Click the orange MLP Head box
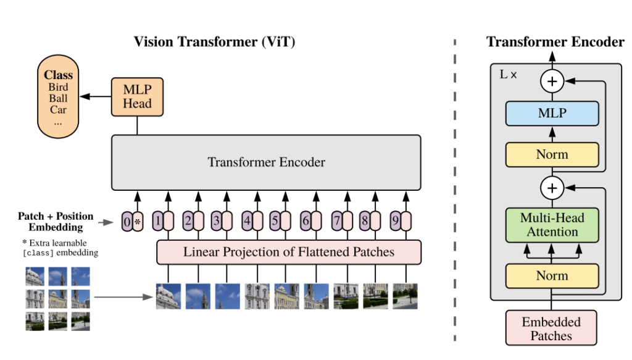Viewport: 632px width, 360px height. click(x=137, y=96)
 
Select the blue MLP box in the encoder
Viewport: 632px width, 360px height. click(x=552, y=114)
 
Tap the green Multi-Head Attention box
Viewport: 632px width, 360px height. click(x=552, y=225)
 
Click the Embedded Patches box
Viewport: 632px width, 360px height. click(x=551, y=329)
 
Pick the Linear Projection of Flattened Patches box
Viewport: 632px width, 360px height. click(x=289, y=252)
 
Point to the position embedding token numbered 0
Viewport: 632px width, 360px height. click(x=127, y=221)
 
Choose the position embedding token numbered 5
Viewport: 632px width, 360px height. click(x=275, y=220)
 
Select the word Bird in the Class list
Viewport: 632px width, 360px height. click(x=59, y=87)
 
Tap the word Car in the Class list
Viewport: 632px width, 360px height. click(x=59, y=110)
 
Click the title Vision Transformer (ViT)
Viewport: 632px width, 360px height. click(x=215, y=42)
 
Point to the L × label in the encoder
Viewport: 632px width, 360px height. click(x=508, y=74)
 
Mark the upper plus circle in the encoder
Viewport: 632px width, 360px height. click(x=552, y=80)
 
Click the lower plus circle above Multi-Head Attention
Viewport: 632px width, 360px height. click(x=552, y=187)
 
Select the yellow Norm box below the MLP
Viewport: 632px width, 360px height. click(x=552, y=154)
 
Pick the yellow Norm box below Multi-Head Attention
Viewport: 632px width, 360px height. click(x=552, y=275)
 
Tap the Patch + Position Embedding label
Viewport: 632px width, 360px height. click(x=56, y=222)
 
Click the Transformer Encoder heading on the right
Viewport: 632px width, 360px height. click(x=555, y=42)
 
